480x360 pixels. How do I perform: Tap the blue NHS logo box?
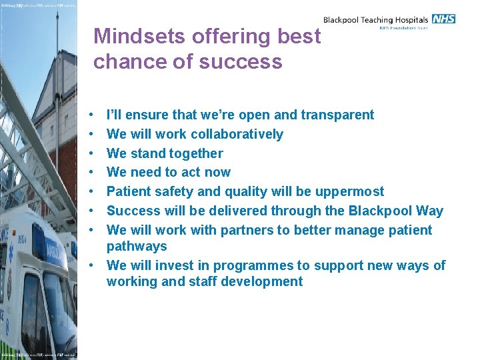(443, 19)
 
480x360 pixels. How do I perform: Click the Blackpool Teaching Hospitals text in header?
(376, 21)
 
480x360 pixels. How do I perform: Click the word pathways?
(137, 246)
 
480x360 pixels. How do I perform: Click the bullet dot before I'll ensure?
(97, 115)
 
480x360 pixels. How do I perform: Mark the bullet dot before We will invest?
(97, 265)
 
